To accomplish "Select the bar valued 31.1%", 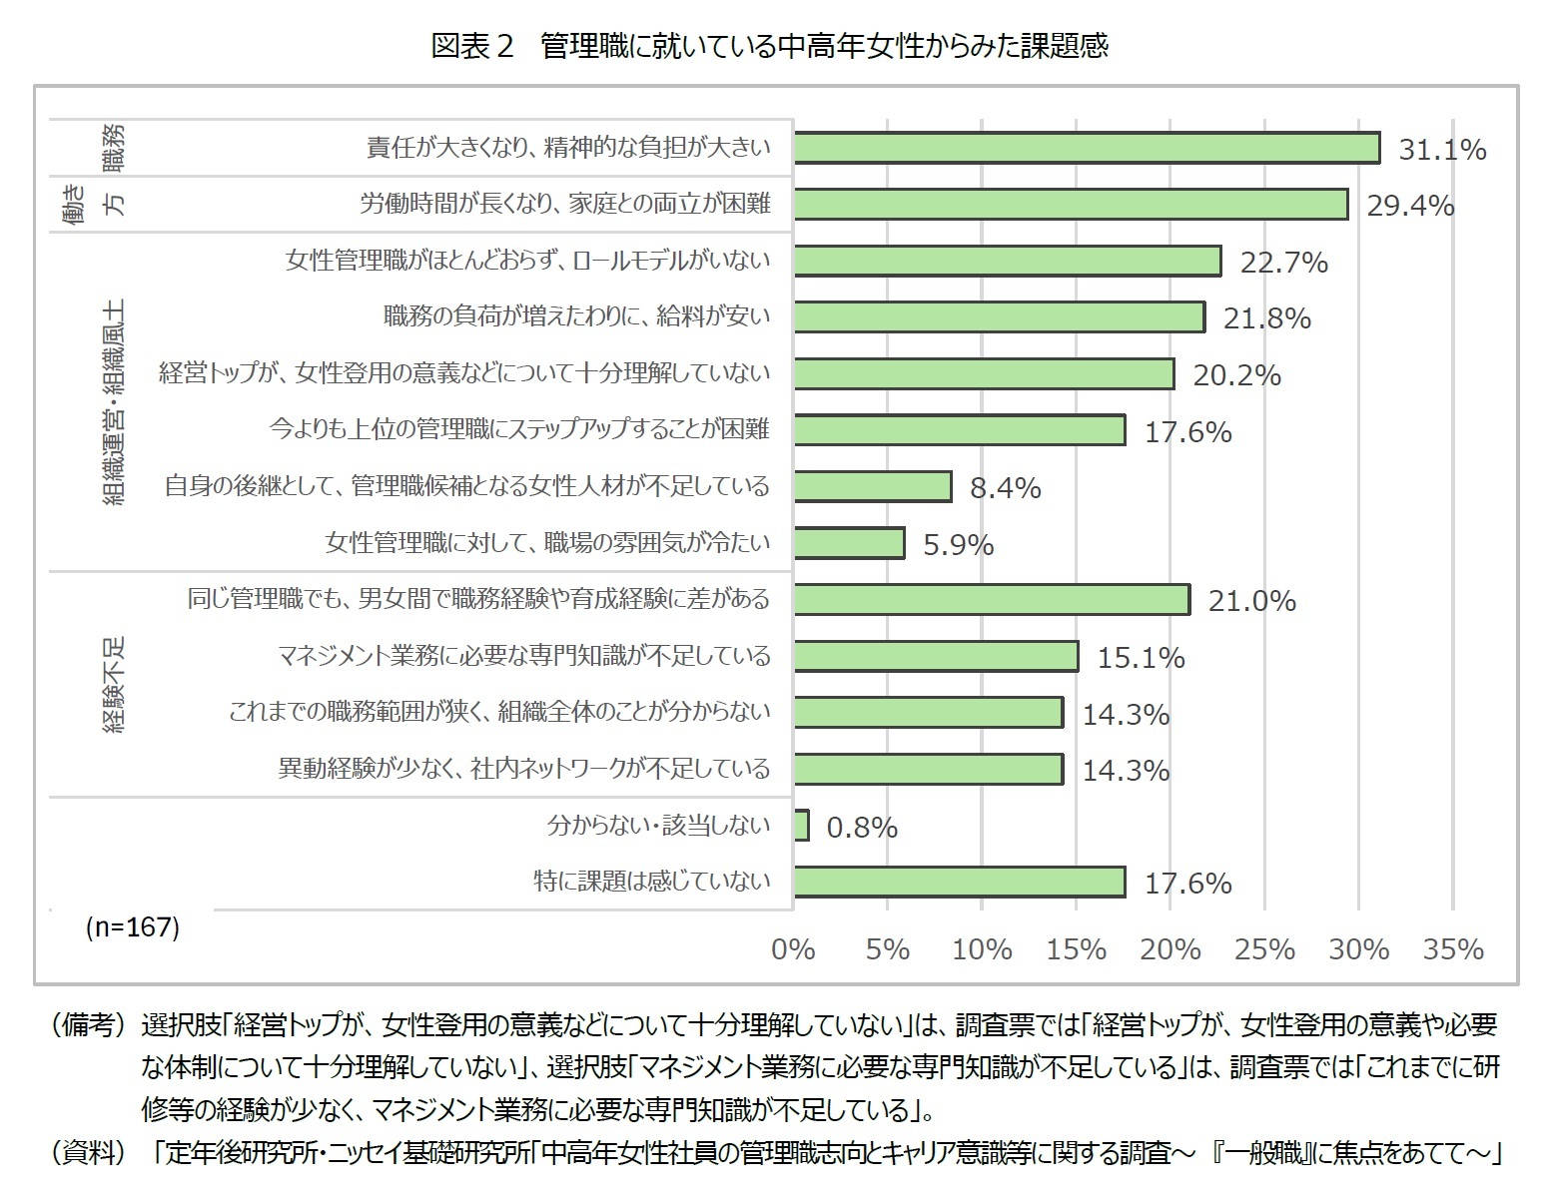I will tap(1087, 148).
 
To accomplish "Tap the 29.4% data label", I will tap(1410, 206).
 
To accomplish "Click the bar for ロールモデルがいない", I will tap(1008, 261).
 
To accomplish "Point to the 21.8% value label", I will tap(1266, 318).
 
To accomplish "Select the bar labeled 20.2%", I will tap(984, 373).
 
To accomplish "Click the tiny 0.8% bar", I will tap(801, 826).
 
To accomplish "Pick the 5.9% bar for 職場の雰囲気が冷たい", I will tap(849, 543).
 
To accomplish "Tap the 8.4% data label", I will tap(1006, 488).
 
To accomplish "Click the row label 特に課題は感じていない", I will tap(652, 882).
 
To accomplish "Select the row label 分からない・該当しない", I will tap(659, 826).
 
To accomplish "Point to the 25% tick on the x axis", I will tap(1264, 949).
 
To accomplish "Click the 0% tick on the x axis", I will tap(793, 949).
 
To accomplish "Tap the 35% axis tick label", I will tap(1453, 949).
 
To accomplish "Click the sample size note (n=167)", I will tap(132, 927).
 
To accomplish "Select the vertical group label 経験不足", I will tap(115, 685).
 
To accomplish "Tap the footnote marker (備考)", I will tap(88, 1025).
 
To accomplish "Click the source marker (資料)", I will tap(88, 1153).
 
